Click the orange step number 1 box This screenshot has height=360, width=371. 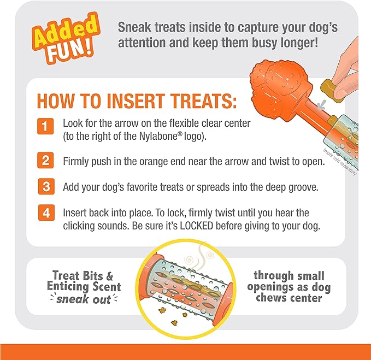[45, 126]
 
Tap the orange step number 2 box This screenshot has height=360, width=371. [45, 161]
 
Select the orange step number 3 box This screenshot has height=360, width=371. [46, 186]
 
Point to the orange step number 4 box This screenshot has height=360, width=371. [46, 213]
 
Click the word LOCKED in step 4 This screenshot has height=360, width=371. [197, 226]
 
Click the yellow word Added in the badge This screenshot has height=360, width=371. [66, 32]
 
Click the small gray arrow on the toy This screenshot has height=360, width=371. [322, 105]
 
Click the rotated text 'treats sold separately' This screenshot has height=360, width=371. [340, 162]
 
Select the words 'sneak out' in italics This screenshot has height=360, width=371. [84, 299]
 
